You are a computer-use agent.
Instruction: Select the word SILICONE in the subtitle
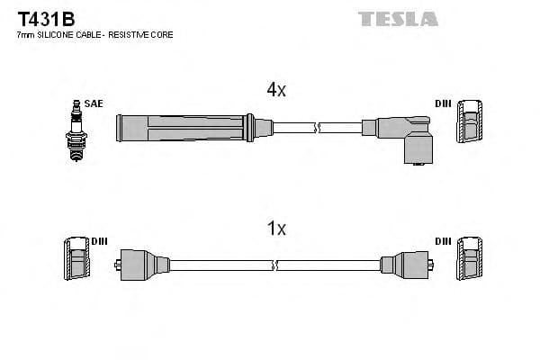point(52,34)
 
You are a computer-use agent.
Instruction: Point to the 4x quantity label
point(276,89)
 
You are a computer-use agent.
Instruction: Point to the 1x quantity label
point(276,229)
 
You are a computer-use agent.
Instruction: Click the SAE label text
point(94,103)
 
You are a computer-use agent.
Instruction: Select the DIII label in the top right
point(443,103)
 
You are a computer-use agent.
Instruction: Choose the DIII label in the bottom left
point(99,242)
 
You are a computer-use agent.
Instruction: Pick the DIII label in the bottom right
point(443,242)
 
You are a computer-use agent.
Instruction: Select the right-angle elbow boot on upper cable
point(409,136)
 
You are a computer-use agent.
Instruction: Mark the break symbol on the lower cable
point(276,265)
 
